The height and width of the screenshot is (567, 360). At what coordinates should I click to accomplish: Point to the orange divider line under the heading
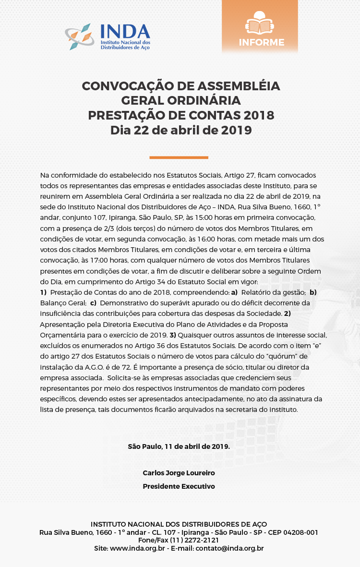click(179, 157)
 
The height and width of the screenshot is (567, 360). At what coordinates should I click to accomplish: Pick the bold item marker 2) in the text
click(288, 313)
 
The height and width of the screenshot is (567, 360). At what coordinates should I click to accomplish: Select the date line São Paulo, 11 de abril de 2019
click(179, 446)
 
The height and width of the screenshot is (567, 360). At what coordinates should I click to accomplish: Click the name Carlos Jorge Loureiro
click(179, 473)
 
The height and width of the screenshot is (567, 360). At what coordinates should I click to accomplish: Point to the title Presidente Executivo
click(179, 486)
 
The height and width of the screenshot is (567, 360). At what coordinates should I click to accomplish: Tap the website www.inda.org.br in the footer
click(138, 548)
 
